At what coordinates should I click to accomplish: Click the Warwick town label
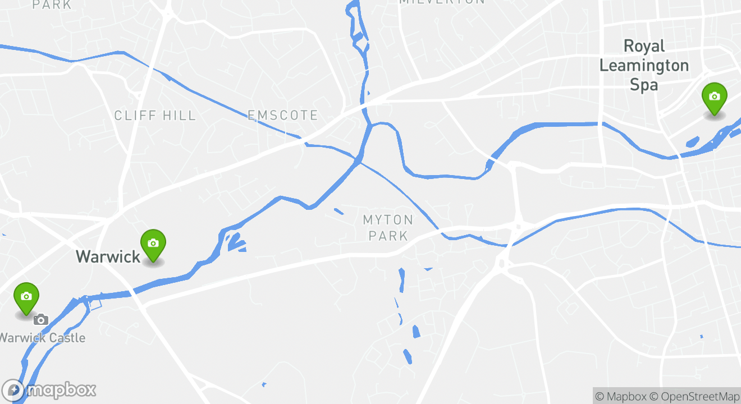108,257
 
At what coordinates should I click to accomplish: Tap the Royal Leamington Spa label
644,65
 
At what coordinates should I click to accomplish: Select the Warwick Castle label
43,338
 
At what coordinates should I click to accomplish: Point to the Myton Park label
388,227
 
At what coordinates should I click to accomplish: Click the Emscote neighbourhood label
283,116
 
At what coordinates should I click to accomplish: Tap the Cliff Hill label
155,116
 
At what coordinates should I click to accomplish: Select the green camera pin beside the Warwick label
153,245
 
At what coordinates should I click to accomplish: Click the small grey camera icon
40,320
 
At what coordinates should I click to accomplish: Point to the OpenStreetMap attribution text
695,396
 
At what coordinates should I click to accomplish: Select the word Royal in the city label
644,46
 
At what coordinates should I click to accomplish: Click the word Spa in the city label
643,85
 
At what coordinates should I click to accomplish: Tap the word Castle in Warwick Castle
67,338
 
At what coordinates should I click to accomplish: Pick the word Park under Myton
388,236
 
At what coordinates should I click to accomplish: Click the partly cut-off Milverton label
441,2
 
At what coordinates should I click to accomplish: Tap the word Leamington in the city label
644,65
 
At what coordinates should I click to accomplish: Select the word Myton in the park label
388,219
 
